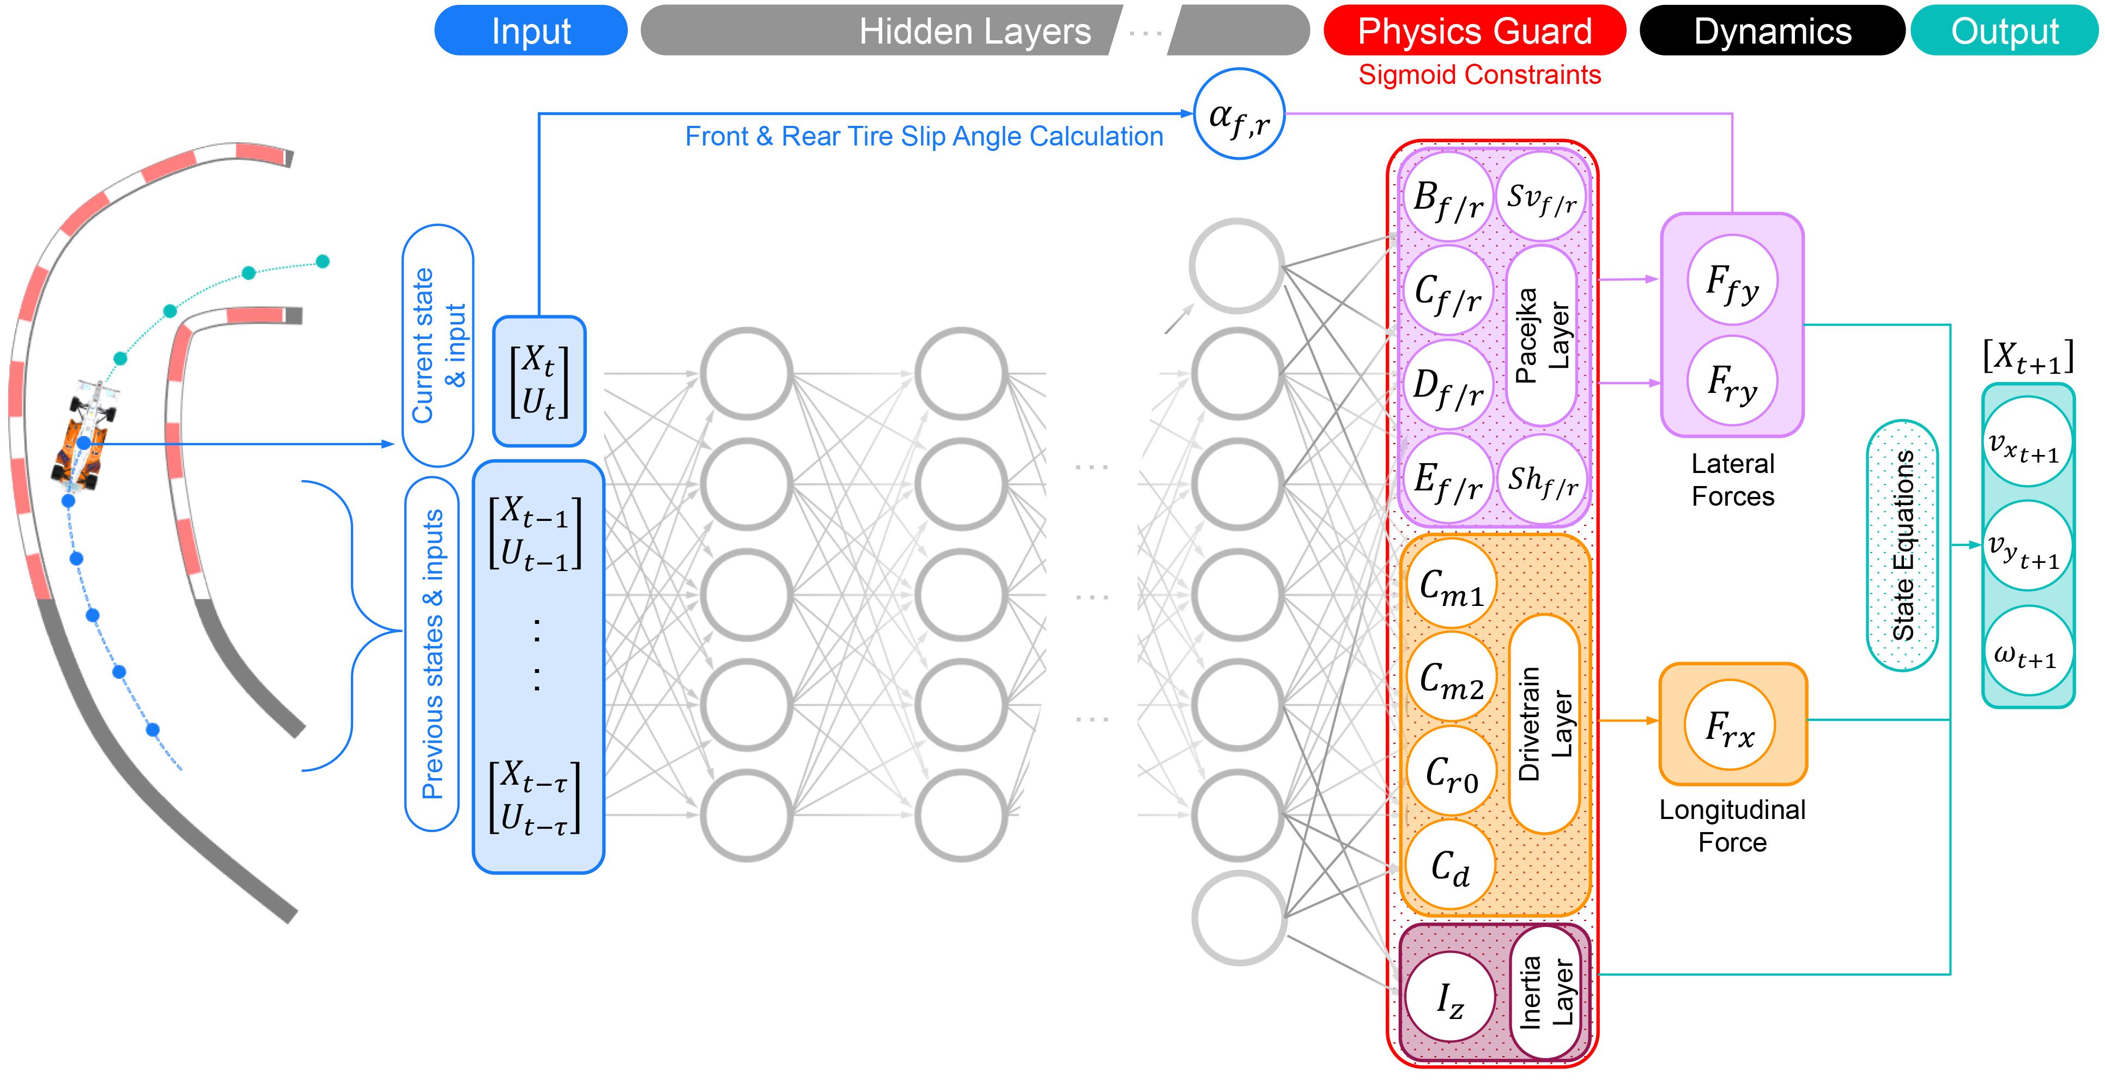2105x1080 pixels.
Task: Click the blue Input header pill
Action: pyautogui.click(x=530, y=31)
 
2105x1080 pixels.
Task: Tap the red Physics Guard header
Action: pyautogui.click(x=1474, y=31)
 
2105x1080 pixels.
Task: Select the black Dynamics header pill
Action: pyautogui.click(x=1772, y=31)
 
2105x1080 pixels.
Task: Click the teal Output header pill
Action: pyautogui.click(x=2005, y=31)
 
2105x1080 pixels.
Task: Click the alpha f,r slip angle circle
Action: pyautogui.click(x=1239, y=113)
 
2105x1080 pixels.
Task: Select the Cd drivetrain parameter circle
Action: pyautogui.click(x=1449, y=865)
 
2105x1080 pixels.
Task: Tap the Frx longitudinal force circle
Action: pyautogui.click(x=1730, y=725)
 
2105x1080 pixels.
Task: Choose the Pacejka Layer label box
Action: pyautogui.click(x=1541, y=335)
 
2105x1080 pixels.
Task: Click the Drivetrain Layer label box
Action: pyautogui.click(x=1544, y=724)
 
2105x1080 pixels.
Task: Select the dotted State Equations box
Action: pyautogui.click(x=1902, y=545)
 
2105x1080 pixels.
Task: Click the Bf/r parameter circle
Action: pyautogui.click(x=1448, y=197)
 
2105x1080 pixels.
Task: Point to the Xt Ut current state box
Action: pyautogui.click(x=538, y=381)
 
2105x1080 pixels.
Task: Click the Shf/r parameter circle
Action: pyautogui.click(x=1542, y=480)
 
